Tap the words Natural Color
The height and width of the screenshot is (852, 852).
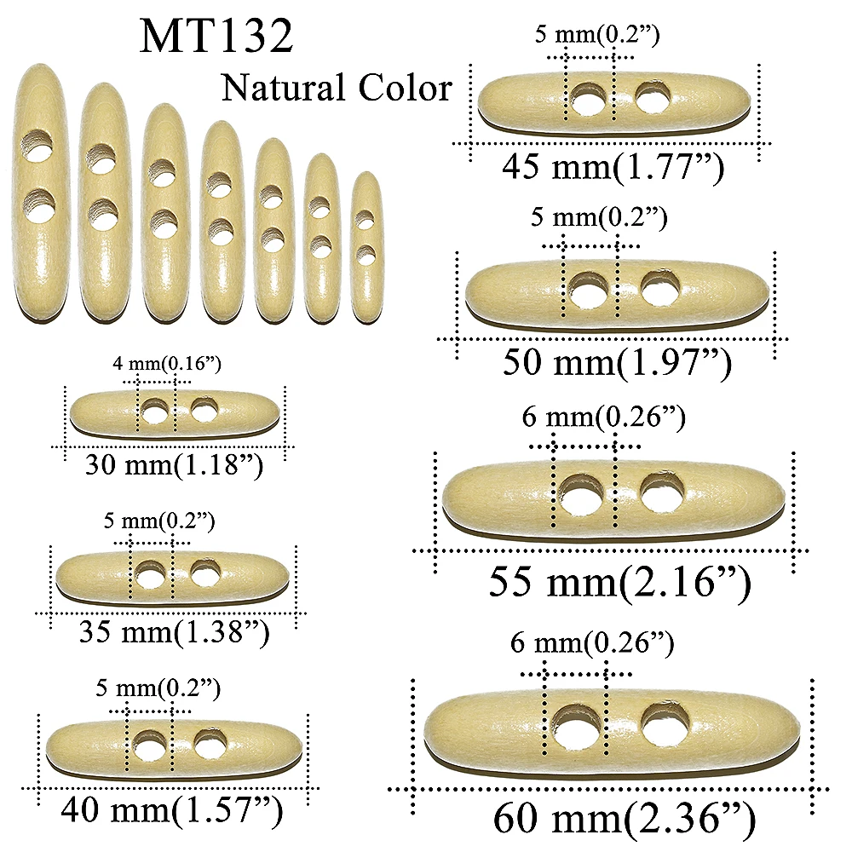(x=336, y=88)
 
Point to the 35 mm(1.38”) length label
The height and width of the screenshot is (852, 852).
(x=174, y=631)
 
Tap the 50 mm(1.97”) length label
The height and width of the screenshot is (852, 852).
(x=617, y=362)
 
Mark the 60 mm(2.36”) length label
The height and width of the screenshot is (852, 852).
(x=624, y=819)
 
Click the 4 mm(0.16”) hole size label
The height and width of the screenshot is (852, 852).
(x=167, y=365)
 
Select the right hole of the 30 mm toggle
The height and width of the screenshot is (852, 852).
(x=204, y=412)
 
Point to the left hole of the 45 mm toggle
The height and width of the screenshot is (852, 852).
(x=587, y=101)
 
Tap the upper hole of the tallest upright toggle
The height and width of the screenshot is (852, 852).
(x=38, y=147)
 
